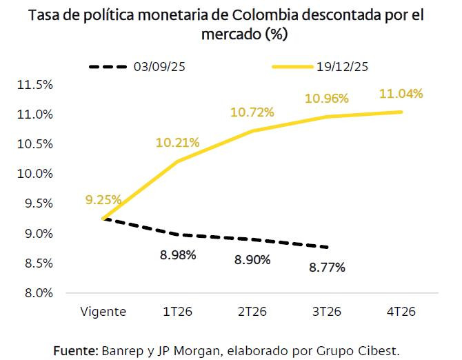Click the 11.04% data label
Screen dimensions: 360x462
coord(401,93)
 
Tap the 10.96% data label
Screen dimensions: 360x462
coord(326,99)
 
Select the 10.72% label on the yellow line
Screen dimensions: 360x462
coord(252,112)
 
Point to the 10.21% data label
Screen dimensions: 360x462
coord(178,143)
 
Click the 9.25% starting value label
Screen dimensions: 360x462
coord(103,200)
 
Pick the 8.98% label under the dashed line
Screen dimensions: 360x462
coord(178,254)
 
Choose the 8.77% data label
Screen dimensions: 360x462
coord(326,266)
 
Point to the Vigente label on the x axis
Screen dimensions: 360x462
coord(103,311)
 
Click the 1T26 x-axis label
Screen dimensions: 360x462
coord(178,311)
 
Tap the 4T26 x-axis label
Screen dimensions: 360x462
coord(401,311)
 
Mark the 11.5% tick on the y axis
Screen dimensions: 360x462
coord(34,85)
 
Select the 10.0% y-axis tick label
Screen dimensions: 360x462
coord(34,174)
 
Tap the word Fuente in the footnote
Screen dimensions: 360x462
coord(75,350)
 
